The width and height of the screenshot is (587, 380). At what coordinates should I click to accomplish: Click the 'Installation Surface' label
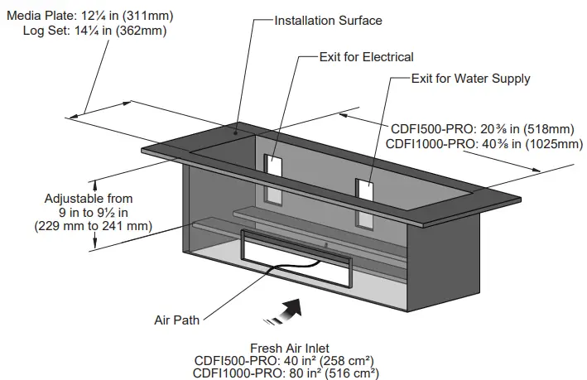pos(329,20)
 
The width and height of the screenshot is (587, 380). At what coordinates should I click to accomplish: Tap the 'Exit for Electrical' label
pos(366,57)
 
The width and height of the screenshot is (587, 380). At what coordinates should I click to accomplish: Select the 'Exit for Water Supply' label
pos(470,79)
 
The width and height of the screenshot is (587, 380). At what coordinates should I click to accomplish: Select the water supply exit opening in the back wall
pos(365,190)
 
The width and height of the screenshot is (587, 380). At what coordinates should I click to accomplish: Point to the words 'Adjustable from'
pos(88,199)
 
